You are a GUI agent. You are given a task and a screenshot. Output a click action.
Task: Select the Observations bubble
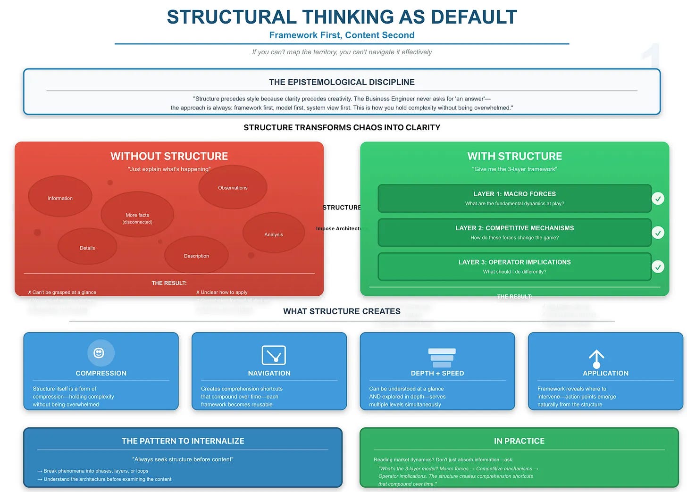(x=233, y=187)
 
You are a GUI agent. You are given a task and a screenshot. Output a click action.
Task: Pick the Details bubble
(x=87, y=246)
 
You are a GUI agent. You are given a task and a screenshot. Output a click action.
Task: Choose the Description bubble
(x=196, y=255)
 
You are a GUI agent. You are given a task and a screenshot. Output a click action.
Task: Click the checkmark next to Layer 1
(x=658, y=199)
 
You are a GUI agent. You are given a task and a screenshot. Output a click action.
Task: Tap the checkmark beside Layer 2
(x=658, y=233)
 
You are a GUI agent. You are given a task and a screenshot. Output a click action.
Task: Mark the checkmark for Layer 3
(x=658, y=267)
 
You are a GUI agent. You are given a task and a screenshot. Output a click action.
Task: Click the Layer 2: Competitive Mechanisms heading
(x=514, y=228)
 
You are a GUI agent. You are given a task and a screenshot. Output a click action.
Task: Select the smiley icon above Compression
(x=101, y=353)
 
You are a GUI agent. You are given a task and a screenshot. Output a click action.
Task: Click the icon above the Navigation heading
(x=274, y=355)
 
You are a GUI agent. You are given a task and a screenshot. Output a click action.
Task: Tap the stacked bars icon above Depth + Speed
(x=442, y=358)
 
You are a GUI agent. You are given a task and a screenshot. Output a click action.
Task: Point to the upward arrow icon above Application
(x=596, y=359)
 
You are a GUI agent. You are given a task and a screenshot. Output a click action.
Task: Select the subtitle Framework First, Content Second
(x=342, y=35)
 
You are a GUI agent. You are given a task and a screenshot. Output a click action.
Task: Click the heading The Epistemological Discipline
(x=342, y=82)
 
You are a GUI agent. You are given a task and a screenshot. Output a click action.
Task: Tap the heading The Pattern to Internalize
(x=183, y=441)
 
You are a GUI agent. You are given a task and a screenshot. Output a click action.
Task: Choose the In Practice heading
(x=519, y=441)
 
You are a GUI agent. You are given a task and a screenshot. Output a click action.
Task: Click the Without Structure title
(x=169, y=156)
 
